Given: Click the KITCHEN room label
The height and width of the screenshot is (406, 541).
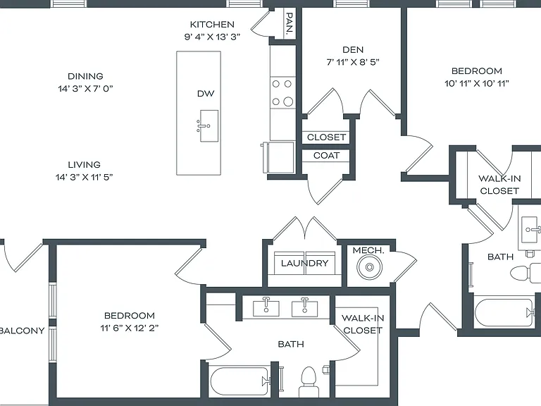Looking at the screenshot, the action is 212,25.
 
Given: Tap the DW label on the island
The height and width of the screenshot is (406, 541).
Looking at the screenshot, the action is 206,94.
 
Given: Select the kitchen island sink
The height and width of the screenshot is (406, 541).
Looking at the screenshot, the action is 208,126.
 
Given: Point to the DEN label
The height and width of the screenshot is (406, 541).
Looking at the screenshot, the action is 353,50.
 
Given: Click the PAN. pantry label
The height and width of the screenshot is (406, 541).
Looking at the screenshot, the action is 290,23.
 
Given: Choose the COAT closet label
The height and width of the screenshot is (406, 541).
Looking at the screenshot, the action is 326,156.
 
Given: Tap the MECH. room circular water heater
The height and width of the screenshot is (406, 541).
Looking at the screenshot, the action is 370,267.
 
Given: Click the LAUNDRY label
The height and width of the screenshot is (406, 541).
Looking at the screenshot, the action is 304,264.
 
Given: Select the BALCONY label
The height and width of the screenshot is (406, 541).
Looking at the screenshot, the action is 23,331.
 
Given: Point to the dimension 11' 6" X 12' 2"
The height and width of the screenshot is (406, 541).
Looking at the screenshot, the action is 130,328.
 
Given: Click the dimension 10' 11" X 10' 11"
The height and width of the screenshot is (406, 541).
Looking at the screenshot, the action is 476,84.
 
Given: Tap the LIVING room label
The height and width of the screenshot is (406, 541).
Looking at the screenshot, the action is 85,165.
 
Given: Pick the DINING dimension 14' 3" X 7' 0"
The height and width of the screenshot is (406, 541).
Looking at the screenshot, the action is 85,89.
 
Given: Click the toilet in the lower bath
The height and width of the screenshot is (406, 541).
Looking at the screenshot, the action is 309,381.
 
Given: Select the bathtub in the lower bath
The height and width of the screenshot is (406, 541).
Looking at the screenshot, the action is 240,381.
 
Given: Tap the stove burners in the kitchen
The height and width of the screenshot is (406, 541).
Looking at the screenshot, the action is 283,92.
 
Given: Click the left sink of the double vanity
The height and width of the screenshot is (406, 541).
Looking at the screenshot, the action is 266,307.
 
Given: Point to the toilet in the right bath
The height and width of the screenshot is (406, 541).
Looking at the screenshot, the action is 525,273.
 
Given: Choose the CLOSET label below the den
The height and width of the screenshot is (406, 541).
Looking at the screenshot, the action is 326,137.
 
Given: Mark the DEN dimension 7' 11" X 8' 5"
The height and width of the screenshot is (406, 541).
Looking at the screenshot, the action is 353,62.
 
